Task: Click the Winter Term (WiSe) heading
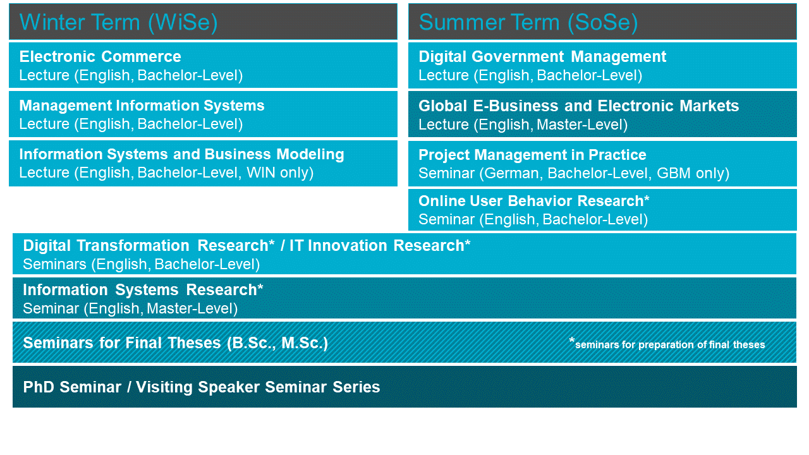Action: [x=118, y=22]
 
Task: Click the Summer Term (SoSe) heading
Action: [x=528, y=22]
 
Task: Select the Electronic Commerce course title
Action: [x=100, y=56]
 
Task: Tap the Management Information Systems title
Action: [x=142, y=106]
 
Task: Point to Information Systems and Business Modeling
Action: [x=181, y=154]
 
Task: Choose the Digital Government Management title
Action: [x=542, y=56]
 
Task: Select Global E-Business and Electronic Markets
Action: [x=578, y=106]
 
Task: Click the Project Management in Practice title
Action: [x=532, y=155]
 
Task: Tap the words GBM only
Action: [x=689, y=173]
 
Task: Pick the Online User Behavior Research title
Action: [x=534, y=201]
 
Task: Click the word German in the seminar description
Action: [x=512, y=173]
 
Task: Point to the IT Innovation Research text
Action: [x=380, y=246]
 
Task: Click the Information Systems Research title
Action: [x=143, y=290]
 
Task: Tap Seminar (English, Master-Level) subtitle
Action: [x=130, y=309]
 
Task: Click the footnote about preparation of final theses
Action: [x=667, y=344]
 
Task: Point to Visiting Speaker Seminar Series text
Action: [x=258, y=387]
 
